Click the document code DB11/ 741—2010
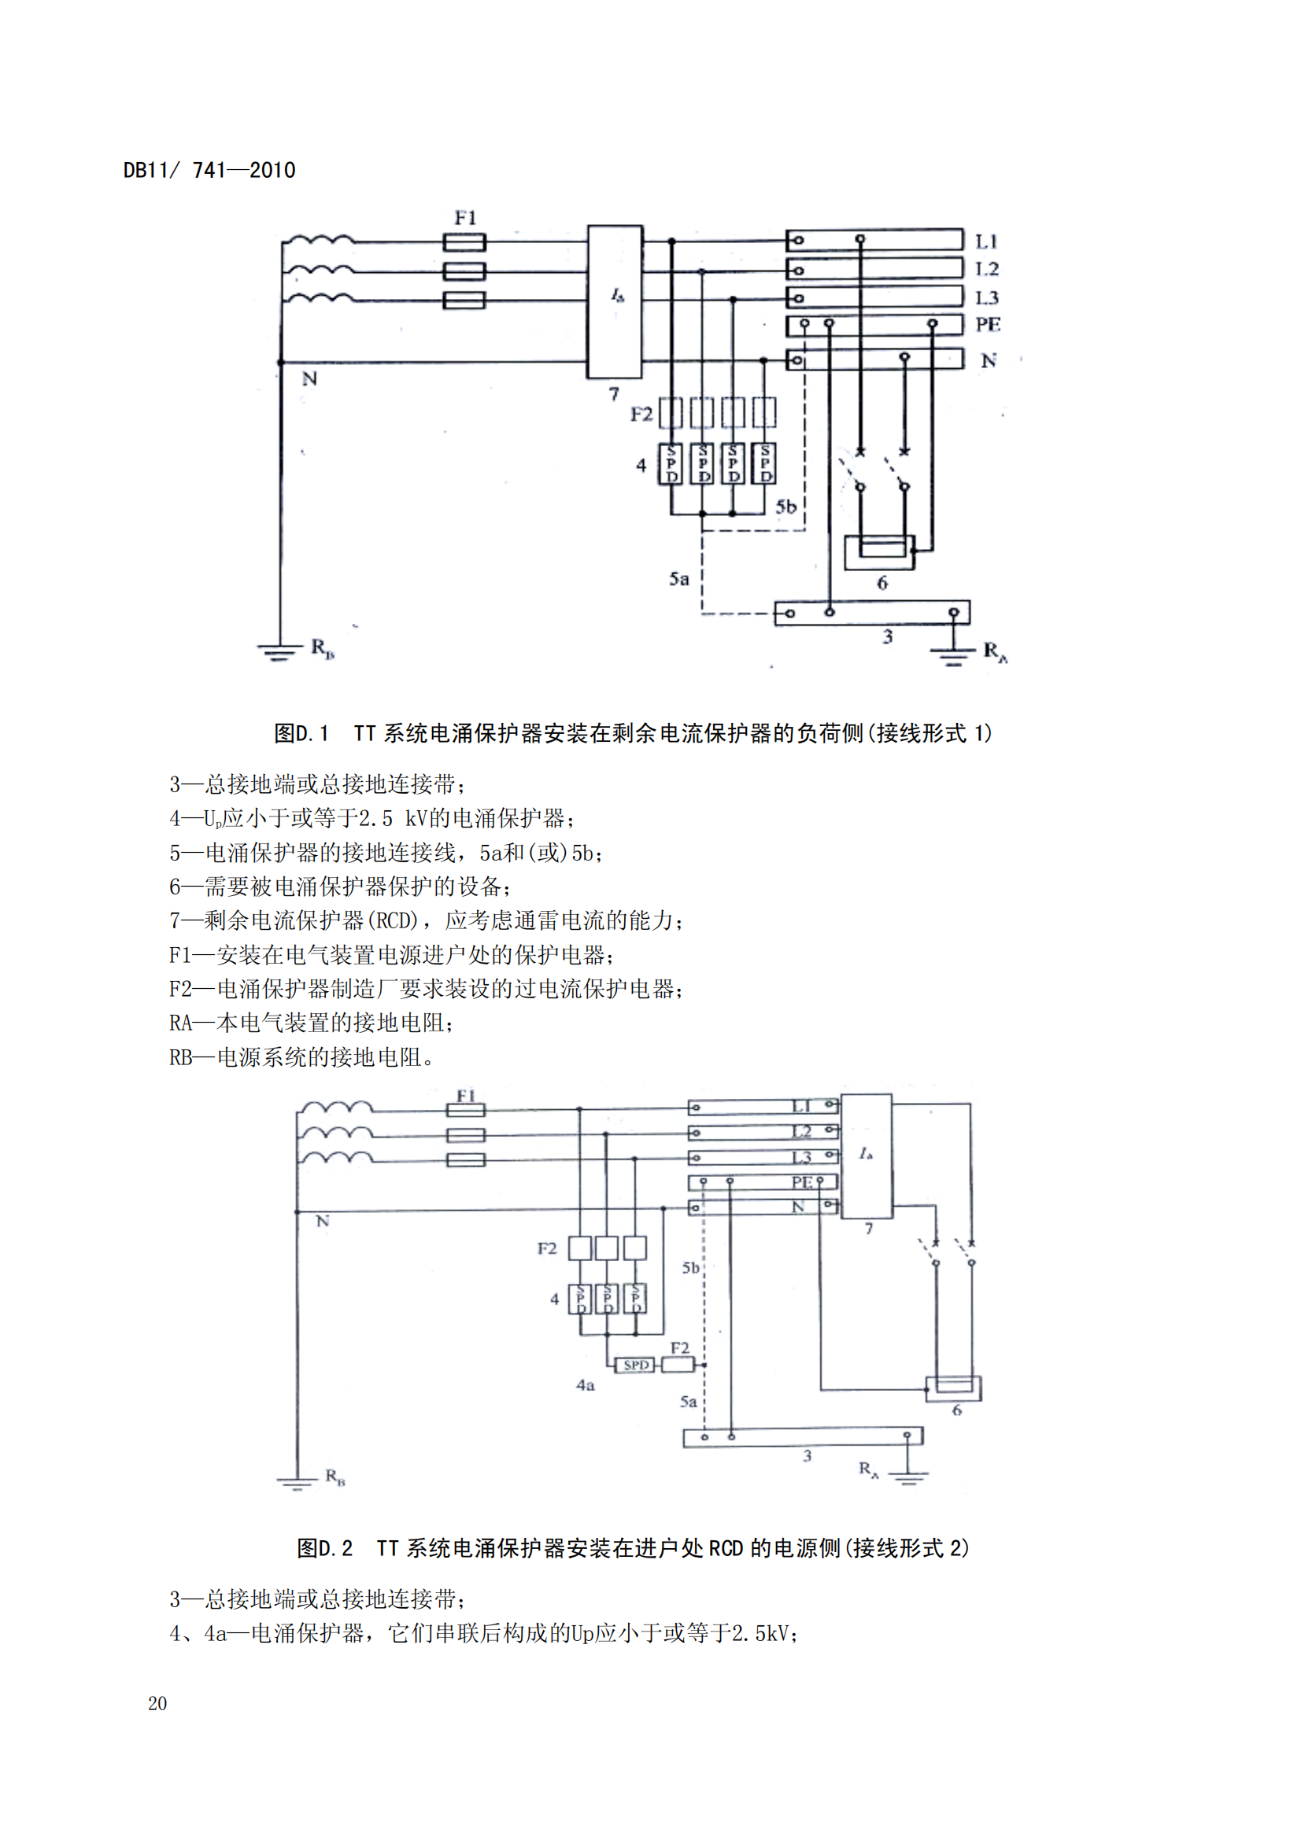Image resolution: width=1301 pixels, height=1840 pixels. (209, 170)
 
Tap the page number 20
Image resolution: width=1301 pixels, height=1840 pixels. (157, 1703)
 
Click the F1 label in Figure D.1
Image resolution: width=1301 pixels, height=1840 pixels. (465, 217)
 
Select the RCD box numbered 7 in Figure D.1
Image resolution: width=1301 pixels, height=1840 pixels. (614, 301)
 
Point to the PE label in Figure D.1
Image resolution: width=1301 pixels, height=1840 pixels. (988, 325)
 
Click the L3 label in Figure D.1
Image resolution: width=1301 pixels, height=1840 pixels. (987, 298)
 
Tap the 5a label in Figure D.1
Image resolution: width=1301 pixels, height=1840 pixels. (679, 579)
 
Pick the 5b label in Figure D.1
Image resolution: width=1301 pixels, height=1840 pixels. (785, 507)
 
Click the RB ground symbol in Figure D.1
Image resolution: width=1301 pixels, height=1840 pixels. (276, 651)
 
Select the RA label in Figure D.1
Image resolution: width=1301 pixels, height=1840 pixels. (995, 651)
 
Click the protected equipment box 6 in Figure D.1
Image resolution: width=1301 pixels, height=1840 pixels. (878, 552)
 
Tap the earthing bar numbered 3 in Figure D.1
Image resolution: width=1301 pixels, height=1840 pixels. (871, 612)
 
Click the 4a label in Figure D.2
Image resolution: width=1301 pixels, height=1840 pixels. (585, 1385)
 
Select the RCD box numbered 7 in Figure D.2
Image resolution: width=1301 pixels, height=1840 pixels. (866, 1155)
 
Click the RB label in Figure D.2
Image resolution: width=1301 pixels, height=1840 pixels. (334, 1476)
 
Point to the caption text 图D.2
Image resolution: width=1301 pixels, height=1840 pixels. (324, 1548)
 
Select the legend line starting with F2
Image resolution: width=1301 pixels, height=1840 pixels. (426, 989)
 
